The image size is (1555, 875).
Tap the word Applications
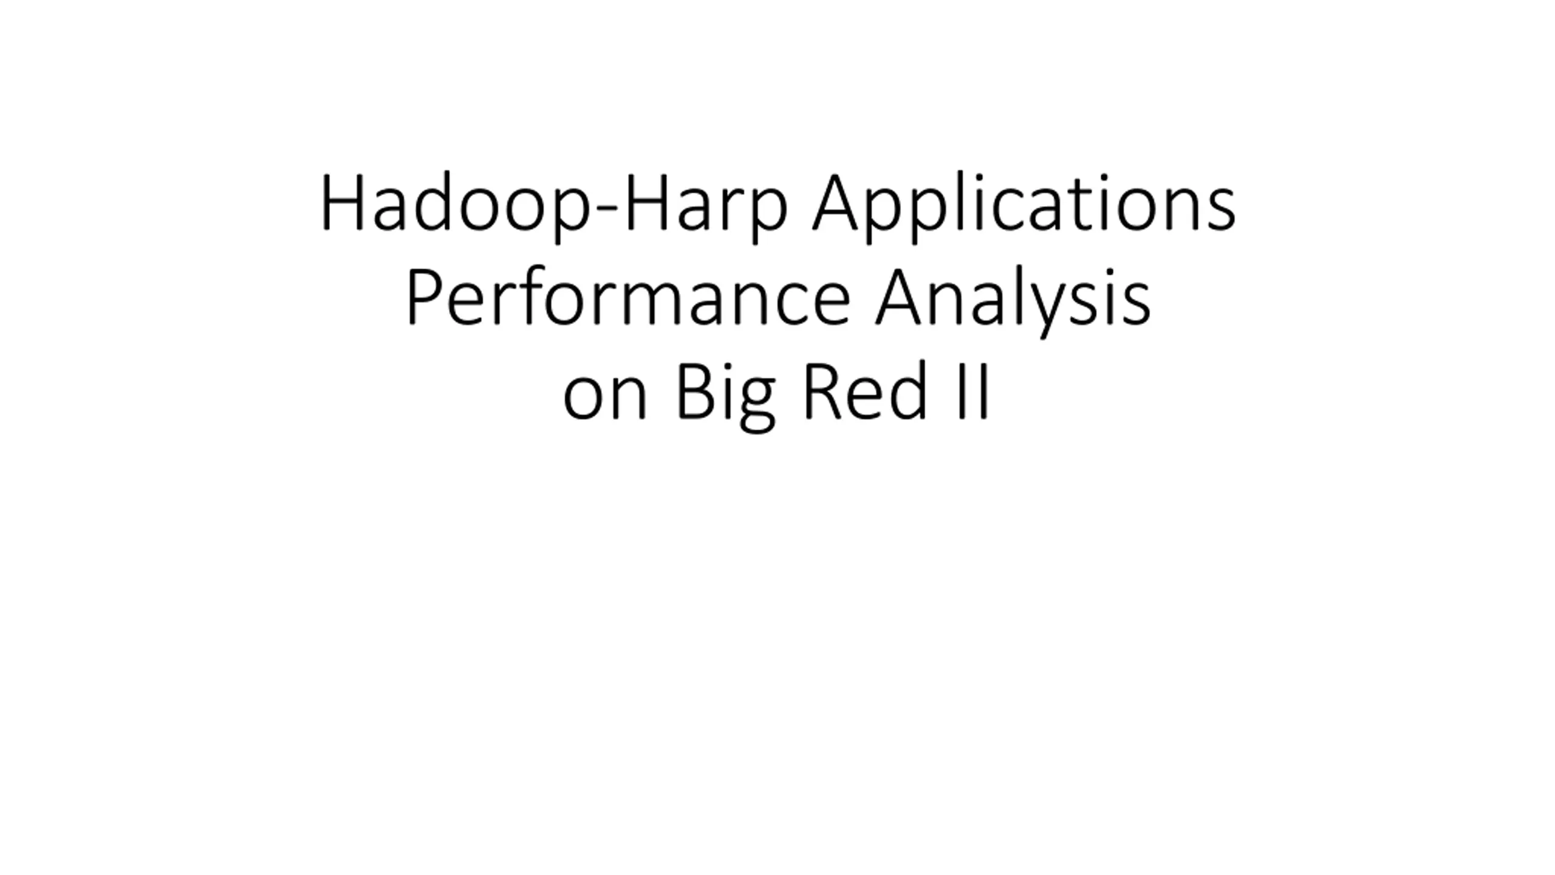coord(1024,205)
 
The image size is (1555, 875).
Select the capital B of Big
coord(695,391)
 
